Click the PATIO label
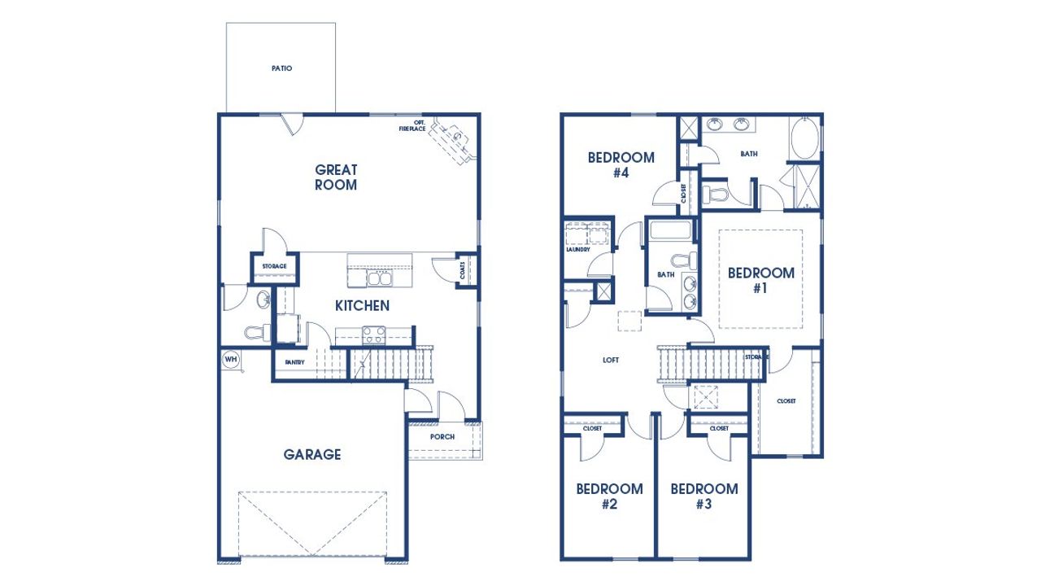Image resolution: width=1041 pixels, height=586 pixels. (281, 68)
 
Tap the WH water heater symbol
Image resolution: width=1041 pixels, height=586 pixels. (230, 358)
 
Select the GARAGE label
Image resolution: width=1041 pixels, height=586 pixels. (312, 454)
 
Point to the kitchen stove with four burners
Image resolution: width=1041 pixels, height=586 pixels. (373, 334)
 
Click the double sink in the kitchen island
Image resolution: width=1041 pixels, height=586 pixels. (378, 279)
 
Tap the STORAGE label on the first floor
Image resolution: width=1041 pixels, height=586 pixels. (274, 266)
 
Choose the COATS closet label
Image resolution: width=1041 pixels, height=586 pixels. (463, 269)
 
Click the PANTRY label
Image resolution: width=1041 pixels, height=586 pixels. (294, 362)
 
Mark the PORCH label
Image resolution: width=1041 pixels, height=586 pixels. (443, 437)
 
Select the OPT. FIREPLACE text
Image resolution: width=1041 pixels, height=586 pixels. (412, 126)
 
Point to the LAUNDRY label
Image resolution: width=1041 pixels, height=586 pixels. (577, 249)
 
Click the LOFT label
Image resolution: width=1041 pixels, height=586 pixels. (612, 359)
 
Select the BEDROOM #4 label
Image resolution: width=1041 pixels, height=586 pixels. (621, 165)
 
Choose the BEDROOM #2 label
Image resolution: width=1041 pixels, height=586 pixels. (609, 496)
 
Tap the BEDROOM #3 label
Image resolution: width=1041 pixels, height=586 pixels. (704, 496)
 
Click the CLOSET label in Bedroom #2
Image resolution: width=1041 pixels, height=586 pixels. (592, 427)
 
